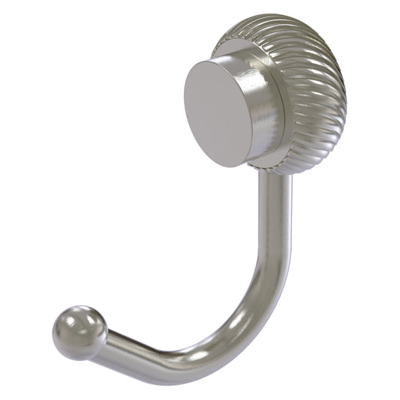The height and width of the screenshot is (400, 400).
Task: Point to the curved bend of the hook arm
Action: pyautogui.click(x=248, y=323)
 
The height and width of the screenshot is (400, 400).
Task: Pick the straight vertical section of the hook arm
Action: pyautogui.click(x=273, y=225)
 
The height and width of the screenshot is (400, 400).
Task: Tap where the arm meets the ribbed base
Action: pyautogui.click(x=274, y=174)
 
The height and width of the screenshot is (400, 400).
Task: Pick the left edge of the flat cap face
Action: pyautogui.click(x=184, y=101)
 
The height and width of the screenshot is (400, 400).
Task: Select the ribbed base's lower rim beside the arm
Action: pyautogui.click(x=296, y=167)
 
